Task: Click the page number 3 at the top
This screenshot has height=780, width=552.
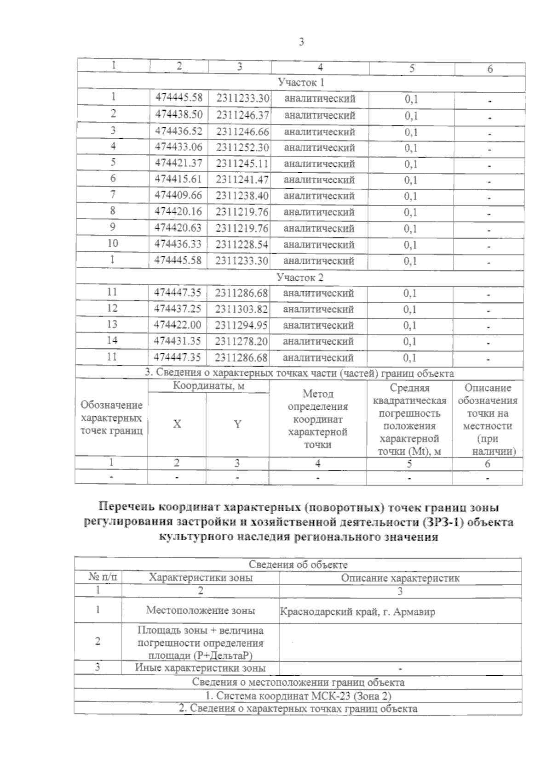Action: tap(301, 42)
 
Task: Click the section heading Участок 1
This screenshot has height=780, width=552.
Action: tap(301, 83)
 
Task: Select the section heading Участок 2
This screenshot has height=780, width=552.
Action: tap(300, 277)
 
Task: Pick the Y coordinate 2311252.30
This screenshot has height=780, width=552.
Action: tap(242, 147)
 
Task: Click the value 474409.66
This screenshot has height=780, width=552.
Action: tap(178, 196)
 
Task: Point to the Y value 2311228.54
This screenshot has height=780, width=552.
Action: tap(242, 244)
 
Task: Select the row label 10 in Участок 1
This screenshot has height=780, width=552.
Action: tap(113, 243)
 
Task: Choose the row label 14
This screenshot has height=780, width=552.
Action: tap(112, 341)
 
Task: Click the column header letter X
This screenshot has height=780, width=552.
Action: tap(177, 424)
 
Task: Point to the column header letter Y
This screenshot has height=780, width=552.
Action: tap(237, 424)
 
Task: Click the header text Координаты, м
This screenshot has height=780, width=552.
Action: tap(208, 386)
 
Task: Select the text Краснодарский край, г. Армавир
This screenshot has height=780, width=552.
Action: tap(357, 612)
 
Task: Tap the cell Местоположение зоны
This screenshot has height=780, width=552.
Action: tap(201, 610)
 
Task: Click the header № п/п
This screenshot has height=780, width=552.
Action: tap(99, 577)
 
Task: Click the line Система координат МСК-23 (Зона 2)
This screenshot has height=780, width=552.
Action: tap(298, 695)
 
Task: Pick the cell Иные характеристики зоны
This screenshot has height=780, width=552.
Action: tap(200, 668)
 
